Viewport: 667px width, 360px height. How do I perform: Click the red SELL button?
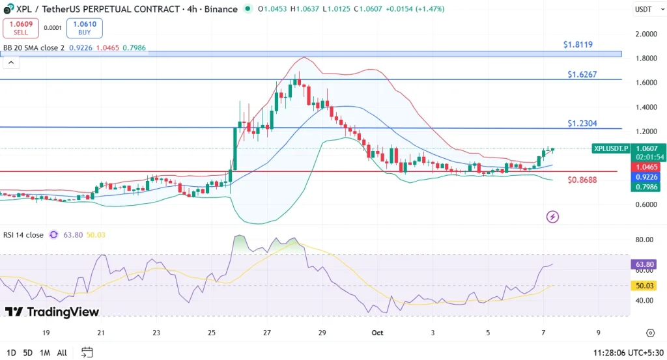point(20,28)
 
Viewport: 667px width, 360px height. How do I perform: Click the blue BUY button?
point(84,28)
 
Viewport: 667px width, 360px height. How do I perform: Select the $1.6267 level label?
point(582,75)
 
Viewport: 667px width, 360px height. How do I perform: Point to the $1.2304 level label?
point(582,123)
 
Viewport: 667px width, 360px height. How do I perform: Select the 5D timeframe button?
point(27,353)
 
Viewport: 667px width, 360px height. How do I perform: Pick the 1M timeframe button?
point(45,353)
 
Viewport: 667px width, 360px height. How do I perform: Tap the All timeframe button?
point(62,353)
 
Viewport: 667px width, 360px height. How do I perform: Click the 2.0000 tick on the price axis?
point(646,34)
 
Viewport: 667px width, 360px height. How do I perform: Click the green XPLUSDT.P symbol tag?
point(611,148)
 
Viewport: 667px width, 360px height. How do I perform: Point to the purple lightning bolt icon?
point(552,216)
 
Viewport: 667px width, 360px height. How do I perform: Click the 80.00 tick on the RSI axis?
point(644,240)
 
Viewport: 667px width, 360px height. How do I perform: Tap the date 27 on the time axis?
point(267,333)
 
